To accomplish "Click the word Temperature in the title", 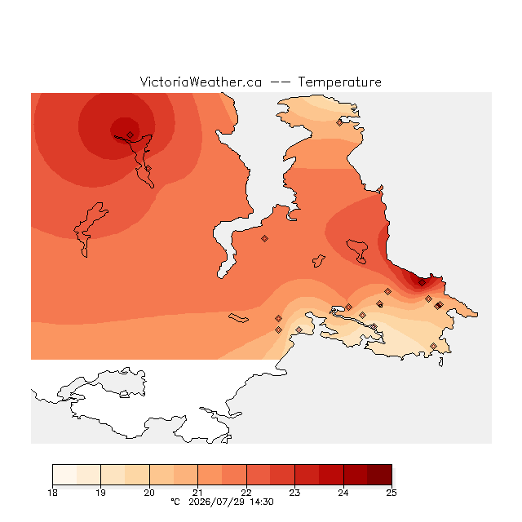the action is tap(339, 82).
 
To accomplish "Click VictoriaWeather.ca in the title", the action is tap(201, 82).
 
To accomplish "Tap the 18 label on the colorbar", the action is tap(52, 493).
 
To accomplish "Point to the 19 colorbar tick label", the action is tap(101, 493).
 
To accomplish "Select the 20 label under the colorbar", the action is tap(149, 493).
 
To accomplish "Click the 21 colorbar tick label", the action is tap(197, 493).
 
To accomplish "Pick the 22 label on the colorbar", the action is tap(246, 493).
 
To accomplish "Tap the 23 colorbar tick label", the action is tap(294, 493).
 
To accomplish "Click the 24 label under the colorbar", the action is tap(343, 493).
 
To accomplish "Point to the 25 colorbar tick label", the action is tap(391, 493).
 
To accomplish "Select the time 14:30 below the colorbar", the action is tap(262, 502).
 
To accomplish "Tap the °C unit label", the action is tap(175, 502).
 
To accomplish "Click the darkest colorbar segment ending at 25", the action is tap(379, 475).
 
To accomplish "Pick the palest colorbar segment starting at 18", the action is tap(64, 475).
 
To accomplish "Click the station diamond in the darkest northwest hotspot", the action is tap(130, 135).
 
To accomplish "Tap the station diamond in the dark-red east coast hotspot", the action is tap(422, 283).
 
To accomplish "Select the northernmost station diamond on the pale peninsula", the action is tap(339, 123).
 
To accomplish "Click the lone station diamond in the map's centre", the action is tap(264, 238).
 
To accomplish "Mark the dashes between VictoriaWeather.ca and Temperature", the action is tap(280, 82).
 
